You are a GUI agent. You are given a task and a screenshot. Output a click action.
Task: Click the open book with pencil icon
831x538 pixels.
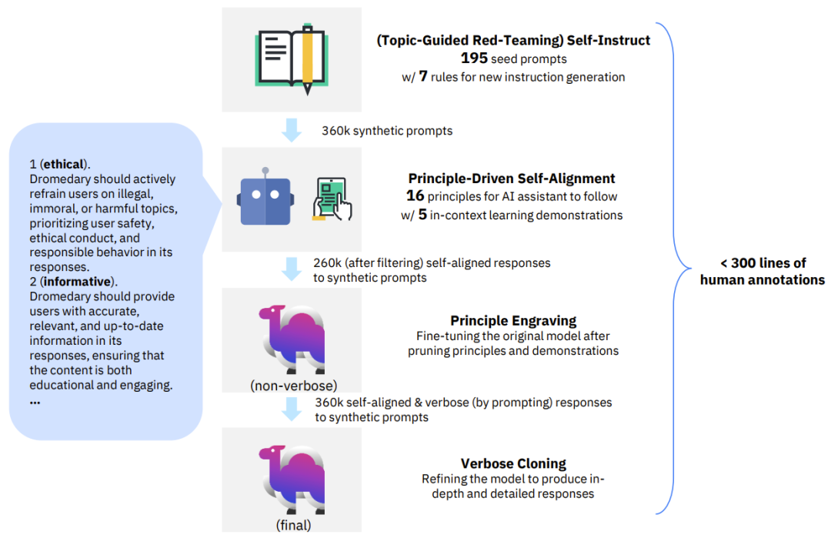point(292,58)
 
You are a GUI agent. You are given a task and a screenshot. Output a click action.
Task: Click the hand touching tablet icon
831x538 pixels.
point(332,199)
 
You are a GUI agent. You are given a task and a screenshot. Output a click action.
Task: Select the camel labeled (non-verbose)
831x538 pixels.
point(292,339)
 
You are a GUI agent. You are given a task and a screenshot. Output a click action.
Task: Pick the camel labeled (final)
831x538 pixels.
point(292,480)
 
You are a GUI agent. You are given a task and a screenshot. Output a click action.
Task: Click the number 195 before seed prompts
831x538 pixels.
point(474,58)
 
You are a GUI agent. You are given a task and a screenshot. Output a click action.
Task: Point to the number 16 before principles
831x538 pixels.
point(415,196)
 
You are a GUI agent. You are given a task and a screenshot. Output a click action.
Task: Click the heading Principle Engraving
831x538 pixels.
point(513,321)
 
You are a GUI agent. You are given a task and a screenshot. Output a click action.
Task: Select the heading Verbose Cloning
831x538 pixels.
point(513,464)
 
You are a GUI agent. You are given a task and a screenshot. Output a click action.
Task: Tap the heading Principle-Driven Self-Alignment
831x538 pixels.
point(512,179)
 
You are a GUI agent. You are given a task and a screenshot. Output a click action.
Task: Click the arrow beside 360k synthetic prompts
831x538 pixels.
point(292,130)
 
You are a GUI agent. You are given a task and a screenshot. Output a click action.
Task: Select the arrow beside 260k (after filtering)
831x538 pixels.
point(292,269)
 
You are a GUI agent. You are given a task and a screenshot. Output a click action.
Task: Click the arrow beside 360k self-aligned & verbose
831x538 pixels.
point(292,409)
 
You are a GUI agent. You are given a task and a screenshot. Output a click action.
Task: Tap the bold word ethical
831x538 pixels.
point(64,164)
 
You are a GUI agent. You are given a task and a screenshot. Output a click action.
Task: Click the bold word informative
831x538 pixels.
point(78,282)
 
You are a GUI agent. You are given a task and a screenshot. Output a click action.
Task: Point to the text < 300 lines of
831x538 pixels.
point(763,263)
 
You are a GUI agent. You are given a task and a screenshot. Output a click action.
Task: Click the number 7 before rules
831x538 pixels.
point(423,76)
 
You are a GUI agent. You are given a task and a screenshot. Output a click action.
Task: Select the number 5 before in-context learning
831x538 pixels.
point(422,214)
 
